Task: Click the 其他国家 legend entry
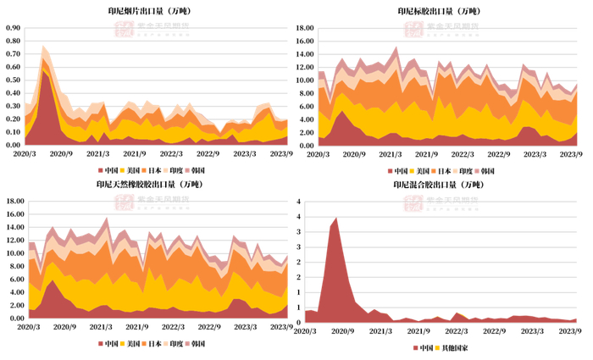pyautogui.click(x=455, y=348)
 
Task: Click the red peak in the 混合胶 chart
pyautogui.click(x=336, y=219)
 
